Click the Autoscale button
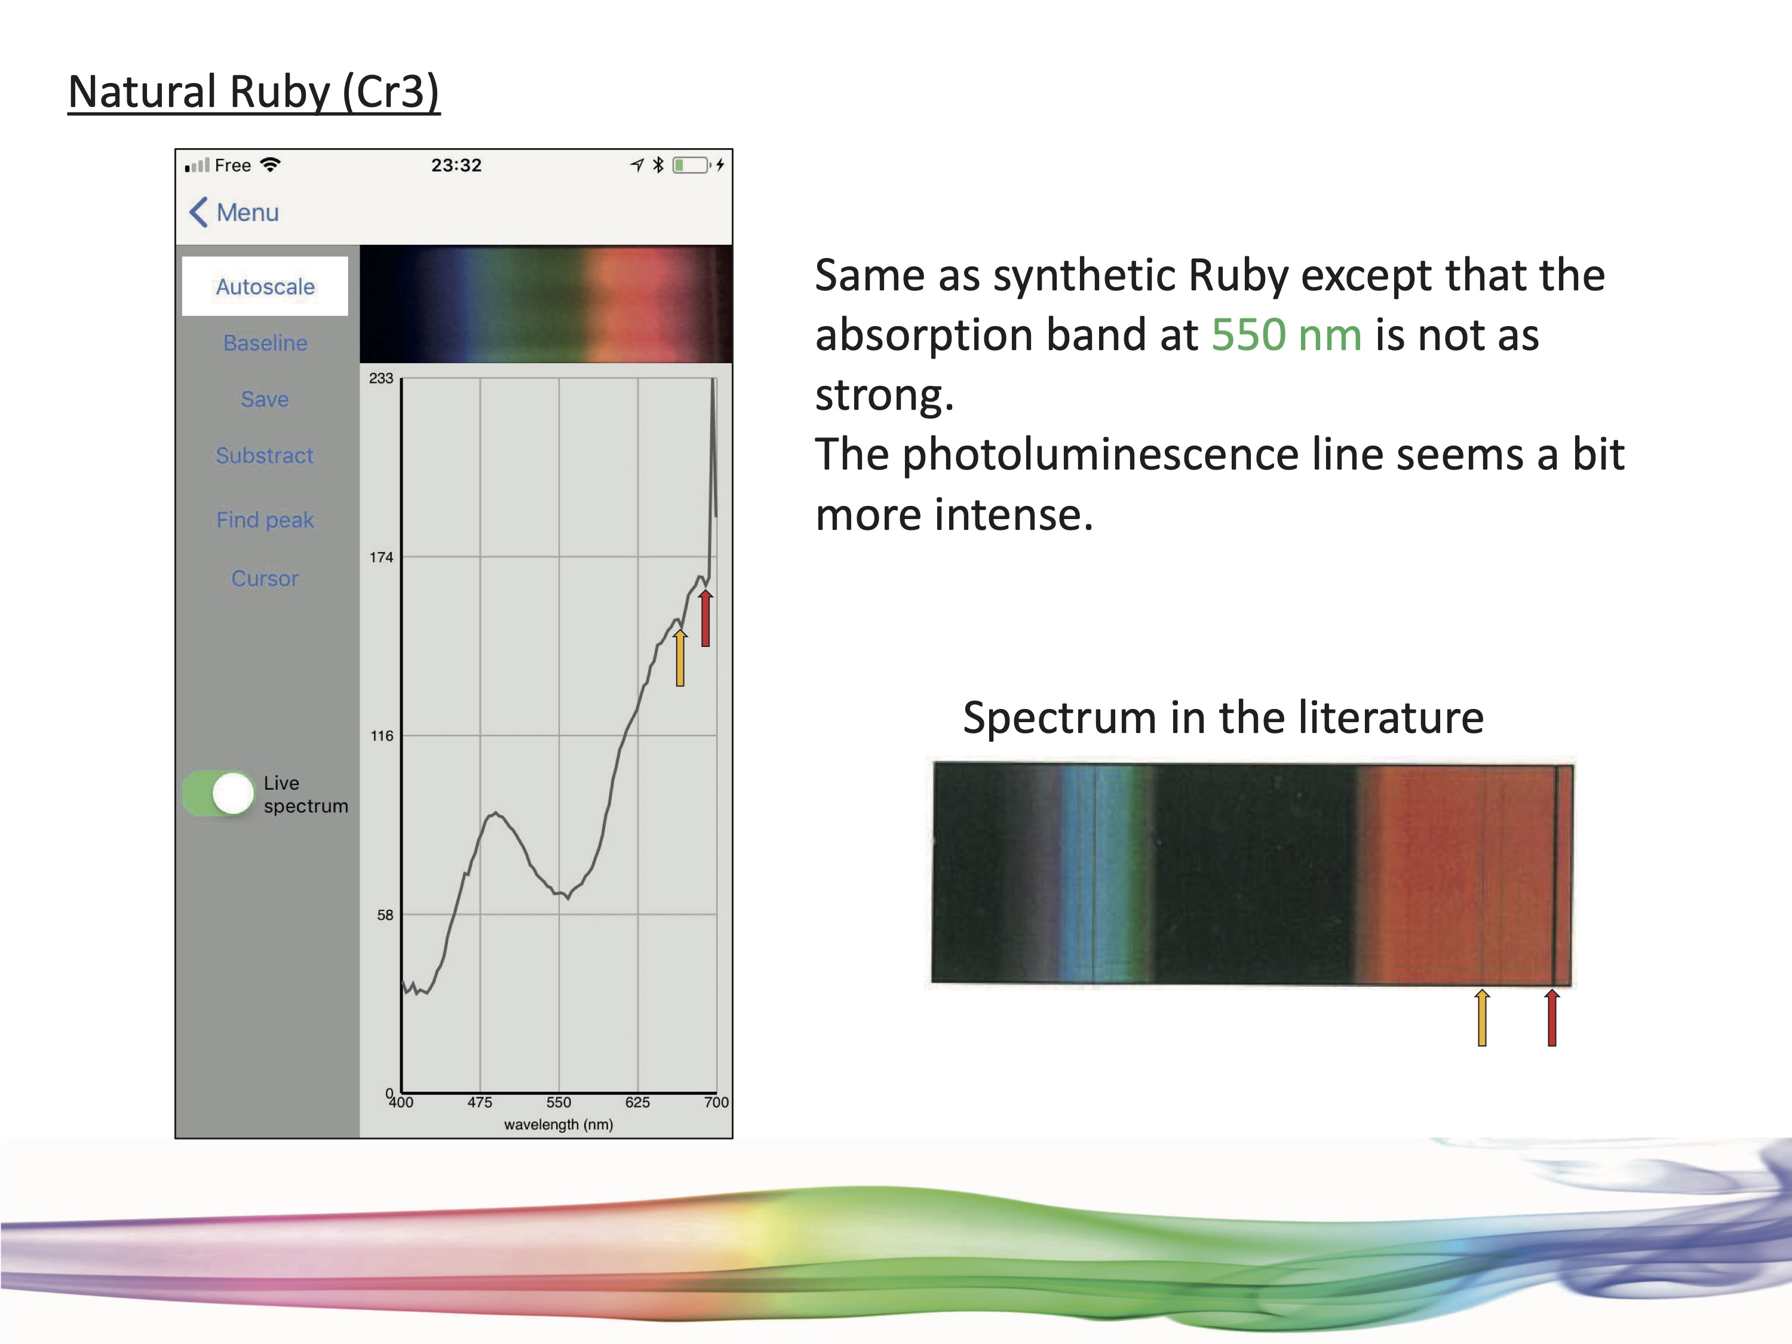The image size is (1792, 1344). (x=265, y=286)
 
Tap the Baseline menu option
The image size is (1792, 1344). (x=265, y=343)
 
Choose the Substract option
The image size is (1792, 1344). (x=265, y=455)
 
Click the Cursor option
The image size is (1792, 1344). (x=265, y=578)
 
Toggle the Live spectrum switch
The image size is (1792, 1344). (x=219, y=793)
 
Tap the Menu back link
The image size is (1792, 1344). (x=234, y=212)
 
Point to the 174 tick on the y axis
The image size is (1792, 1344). (x=381, y=557)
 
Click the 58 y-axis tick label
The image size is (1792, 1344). (x=385, y=916)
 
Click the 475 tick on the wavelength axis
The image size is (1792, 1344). (x=480, y=1103)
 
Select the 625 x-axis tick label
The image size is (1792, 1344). (x=637, y=1103)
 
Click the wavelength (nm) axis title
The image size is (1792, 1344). (x=558, y=1124)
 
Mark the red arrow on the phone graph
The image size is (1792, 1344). (x=705, y=618)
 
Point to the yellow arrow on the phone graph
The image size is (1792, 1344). (x=680, y=657)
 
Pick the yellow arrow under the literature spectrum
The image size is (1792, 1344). (x=1482, y=1017)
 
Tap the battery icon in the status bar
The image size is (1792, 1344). (x=691, y=165)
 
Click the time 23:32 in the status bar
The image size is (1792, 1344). (x=456, y=165)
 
